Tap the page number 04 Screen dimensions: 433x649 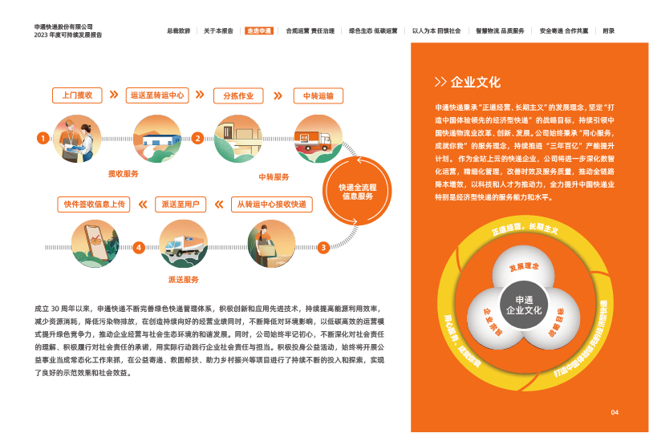(615, 412)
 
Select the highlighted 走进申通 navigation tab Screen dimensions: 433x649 (258, 30)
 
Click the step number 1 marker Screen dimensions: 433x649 (42, 138)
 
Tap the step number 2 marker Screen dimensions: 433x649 (197, 138)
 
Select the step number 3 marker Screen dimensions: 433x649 (322, 247)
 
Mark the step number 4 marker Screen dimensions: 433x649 (139, 247)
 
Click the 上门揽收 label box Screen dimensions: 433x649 (78, 95)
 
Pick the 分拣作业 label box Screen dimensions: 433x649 (238, 95)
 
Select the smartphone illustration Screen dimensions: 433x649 (95, 241)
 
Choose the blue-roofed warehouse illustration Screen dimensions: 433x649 (156, 141)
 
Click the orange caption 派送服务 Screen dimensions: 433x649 (183, 279)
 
